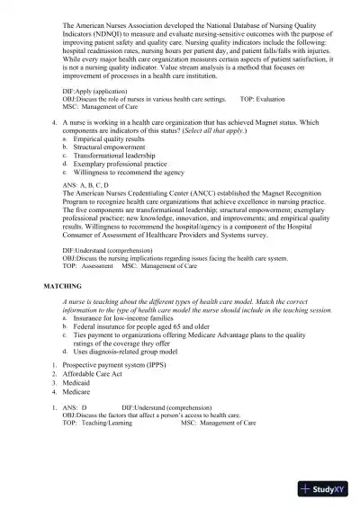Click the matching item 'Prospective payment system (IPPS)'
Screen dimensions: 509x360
pyautogui.click(x=121, y=369)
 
